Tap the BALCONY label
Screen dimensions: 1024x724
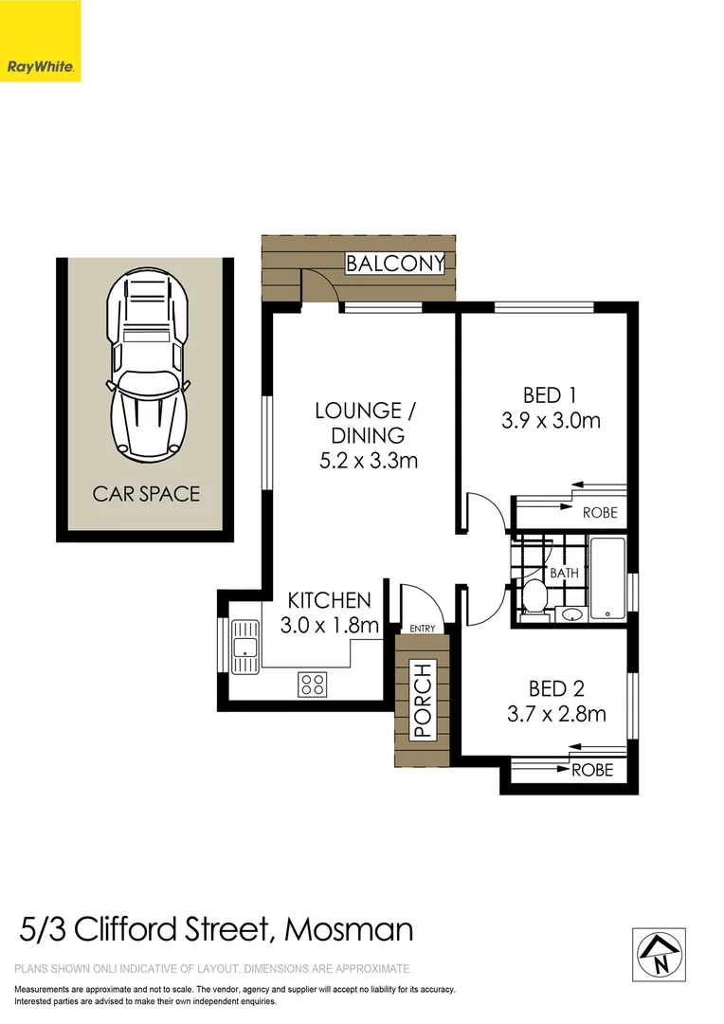click(394, 264)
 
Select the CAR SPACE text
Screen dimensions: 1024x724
click(146, 494)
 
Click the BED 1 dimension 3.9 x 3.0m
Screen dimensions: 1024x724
click(551, 420)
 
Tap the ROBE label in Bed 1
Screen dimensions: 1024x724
click(599, 513)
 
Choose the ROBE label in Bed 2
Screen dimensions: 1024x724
click(592, 770)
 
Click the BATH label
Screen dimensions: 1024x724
click(565, 574)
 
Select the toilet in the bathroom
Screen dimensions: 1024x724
click(533, 597)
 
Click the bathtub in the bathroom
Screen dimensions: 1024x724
click(607, 578)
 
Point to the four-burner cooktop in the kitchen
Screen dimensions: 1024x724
click(313, 684)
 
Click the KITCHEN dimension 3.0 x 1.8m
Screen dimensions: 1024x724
click(330, 626)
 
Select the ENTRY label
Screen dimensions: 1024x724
click(422, 629)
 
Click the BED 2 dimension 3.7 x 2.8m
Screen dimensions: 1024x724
click(556, 714)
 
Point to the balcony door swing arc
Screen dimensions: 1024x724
click(320, 283)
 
